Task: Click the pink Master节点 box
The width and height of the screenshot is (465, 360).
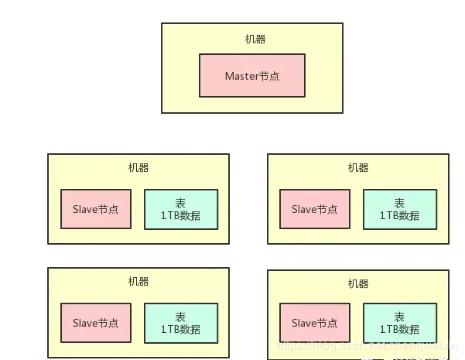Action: pos(251,76)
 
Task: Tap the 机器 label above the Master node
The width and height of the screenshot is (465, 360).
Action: pos(255,39)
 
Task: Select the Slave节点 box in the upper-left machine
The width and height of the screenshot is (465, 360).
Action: pos(96,209)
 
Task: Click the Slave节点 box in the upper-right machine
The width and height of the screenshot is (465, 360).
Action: pos(315,209)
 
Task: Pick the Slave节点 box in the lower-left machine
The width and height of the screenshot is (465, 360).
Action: pos(96,323)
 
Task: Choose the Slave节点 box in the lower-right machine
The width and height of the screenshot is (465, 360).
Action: pos(315,323)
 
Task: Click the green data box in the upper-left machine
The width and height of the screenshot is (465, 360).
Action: pos(181,209)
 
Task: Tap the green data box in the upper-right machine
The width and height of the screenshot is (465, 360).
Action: pos(400,209)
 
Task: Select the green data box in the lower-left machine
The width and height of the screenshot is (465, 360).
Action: pos(181,323)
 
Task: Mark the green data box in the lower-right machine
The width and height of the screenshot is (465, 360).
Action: pos(400,323)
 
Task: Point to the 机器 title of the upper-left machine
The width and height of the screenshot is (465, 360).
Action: pos(138,168)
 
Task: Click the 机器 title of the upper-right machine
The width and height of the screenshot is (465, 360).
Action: pos(358,168)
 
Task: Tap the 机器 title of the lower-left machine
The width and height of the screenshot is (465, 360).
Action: pos(138,282)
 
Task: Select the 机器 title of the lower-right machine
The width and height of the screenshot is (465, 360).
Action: pos(358,283)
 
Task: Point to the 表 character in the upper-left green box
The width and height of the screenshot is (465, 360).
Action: pos(181,203)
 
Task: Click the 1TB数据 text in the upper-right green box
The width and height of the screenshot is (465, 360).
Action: pos(400,216)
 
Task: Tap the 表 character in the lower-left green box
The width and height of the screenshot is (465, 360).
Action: pos(181,317)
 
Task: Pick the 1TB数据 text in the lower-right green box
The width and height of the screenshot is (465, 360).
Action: pos(400,330)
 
